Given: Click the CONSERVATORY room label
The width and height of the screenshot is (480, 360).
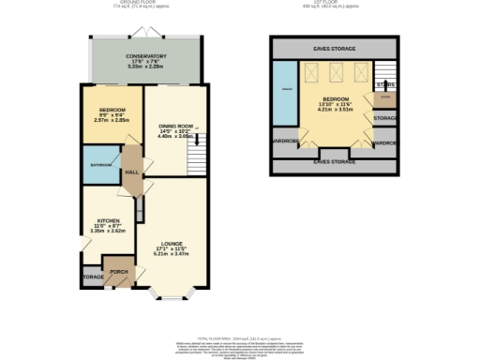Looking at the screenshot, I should [x=145, y=56].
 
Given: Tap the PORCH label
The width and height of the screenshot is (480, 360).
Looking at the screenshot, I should [x=119, y=273].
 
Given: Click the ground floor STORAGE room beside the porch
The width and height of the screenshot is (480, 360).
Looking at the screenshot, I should [x=92, y=277].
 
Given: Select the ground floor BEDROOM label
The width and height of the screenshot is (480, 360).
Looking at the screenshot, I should [x=112, y=110].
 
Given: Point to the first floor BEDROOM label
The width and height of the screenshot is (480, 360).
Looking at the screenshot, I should [x=336, y=98].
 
